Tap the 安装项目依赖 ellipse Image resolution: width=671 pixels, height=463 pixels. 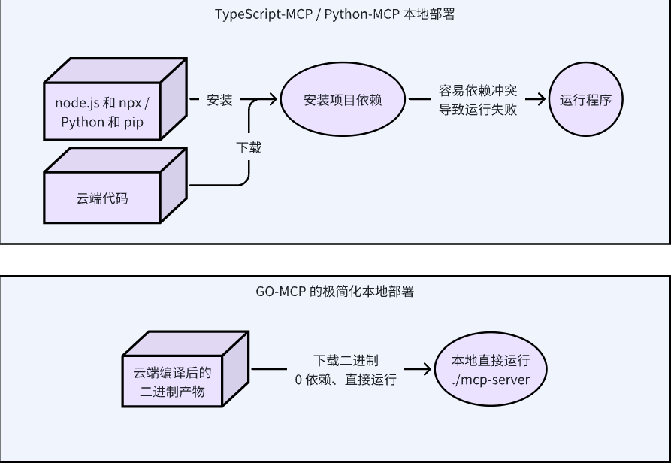(343, 100)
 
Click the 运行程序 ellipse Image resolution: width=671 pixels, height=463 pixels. (585, 100)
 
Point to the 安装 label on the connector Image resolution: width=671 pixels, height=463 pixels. (219, 100)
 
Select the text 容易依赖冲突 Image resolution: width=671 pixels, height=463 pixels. (478, 91)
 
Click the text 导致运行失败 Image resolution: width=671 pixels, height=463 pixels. (478, 110)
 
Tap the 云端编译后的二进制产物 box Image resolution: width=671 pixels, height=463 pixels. (173, 383)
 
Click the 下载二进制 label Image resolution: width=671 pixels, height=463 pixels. (346, 361)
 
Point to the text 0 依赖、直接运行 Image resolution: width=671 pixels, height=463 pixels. (346, 380)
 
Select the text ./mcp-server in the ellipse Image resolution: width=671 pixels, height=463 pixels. (491, 379)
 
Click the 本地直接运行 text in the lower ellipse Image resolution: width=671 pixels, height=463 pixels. (491, 360)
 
